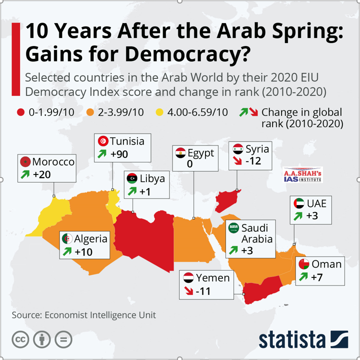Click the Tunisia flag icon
[x=103, y=141]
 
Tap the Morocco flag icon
[x=24, y=162]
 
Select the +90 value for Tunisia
[x=119, y=154]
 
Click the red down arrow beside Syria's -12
[x=238, y=161]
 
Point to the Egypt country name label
[x=201, y=152]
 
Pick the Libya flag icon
[x=132, y=178]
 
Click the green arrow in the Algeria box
[x=66, y=251]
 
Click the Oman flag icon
[x=303, y=264]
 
